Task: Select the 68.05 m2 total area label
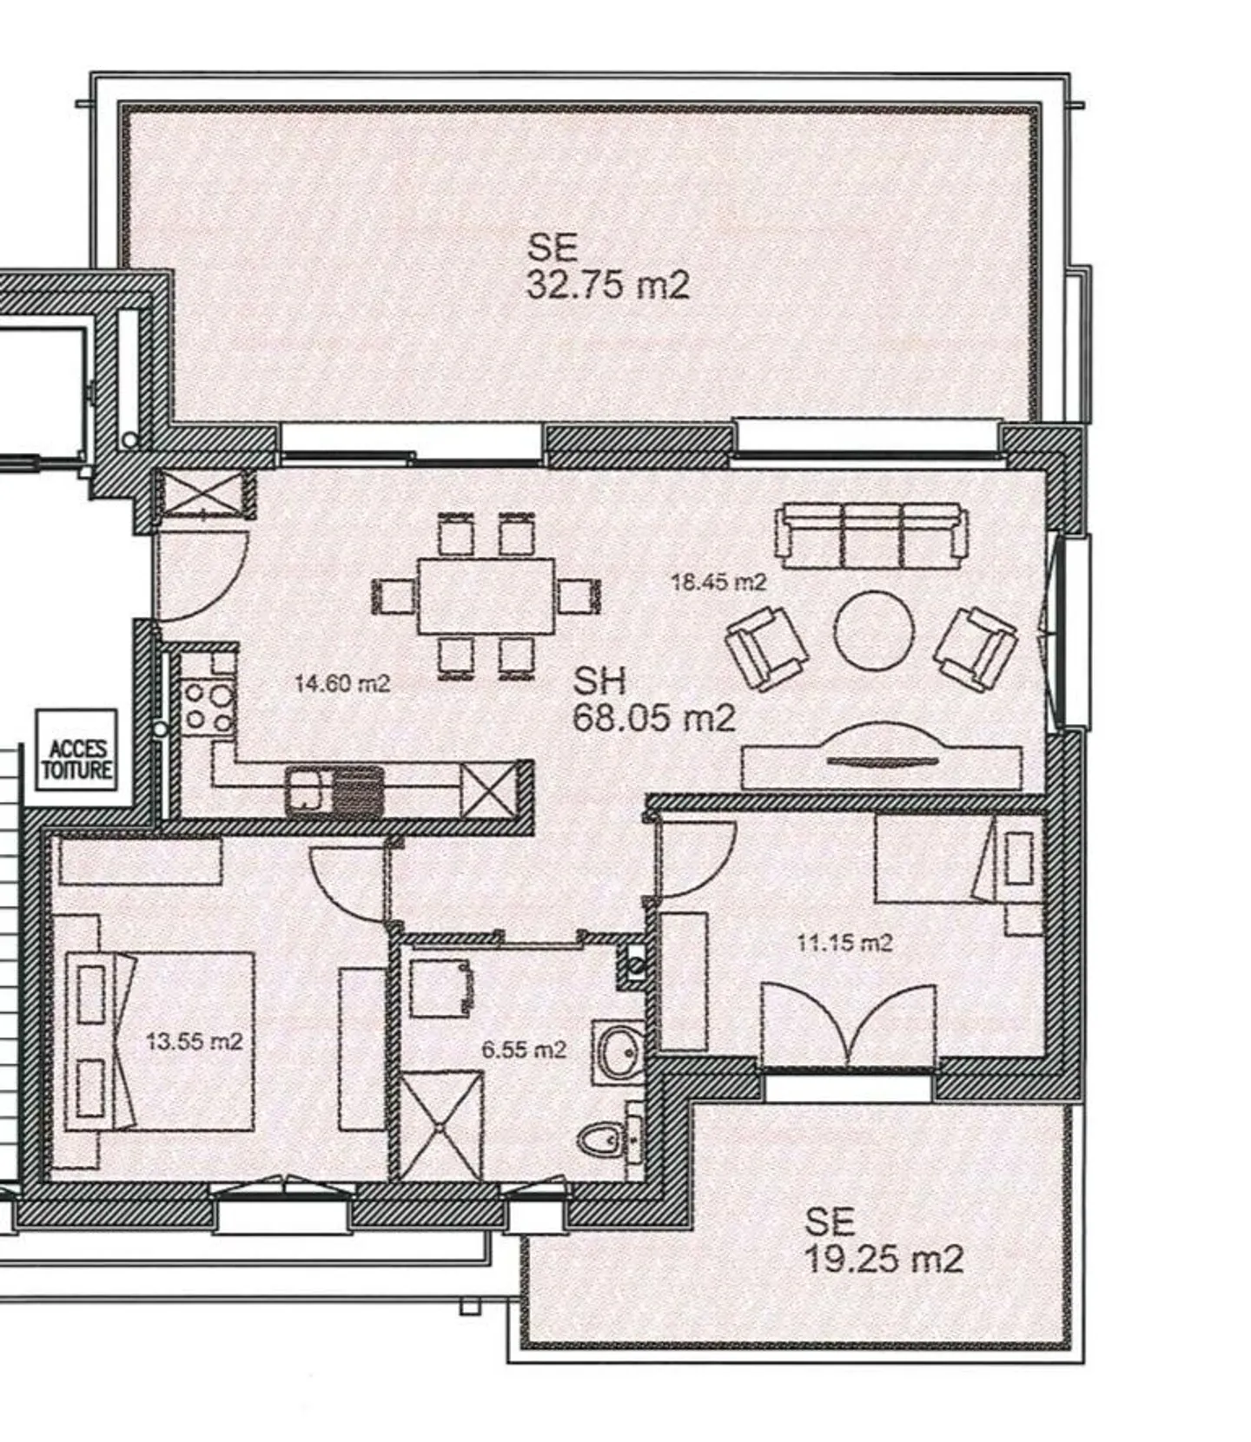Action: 654,699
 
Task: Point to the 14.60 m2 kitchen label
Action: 342,683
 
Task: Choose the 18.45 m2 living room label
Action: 719,582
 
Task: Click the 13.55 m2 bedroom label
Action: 195,1040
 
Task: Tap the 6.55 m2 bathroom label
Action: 524,1050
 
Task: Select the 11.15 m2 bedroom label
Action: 844,942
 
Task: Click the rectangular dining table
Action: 486,596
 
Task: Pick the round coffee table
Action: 873,631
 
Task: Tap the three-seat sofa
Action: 871,535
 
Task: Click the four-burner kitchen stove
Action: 209,708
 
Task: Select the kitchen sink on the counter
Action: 335,791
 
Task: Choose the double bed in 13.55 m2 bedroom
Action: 161,1042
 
